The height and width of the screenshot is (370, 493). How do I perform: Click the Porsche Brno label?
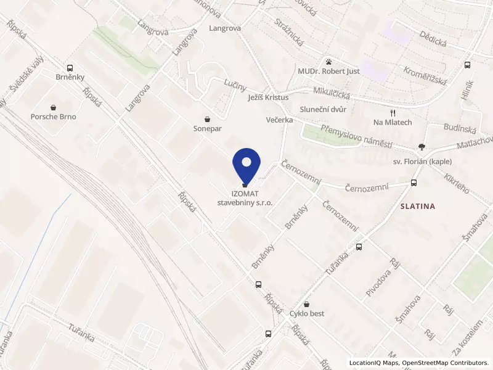(54, 117)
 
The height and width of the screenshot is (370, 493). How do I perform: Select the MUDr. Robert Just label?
(328, 72)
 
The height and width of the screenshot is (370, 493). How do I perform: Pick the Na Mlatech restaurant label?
(393, 123)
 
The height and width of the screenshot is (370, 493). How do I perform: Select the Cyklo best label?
(307, 314)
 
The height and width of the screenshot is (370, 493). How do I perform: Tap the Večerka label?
(279, 120)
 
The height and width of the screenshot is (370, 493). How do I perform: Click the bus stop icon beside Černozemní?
(413, 183)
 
